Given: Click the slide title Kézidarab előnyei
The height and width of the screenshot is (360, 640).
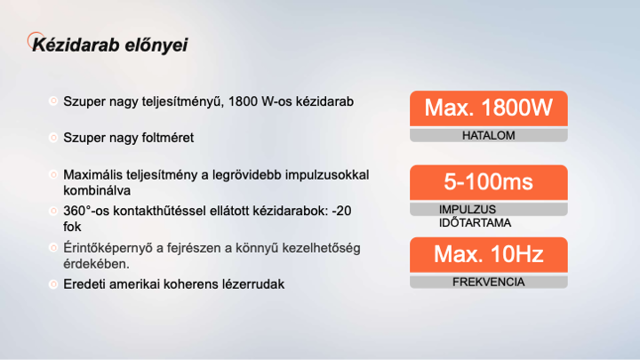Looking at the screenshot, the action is pyautogui.click(x=110, y=45).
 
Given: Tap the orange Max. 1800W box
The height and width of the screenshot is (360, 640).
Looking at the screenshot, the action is pyautogui.click(x=489, y=108).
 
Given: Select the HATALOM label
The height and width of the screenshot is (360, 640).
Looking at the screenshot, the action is pyautogui.click(x=489, y=135).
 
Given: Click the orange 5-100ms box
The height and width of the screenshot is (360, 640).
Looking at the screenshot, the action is pyautogui.click(x=489, y=182).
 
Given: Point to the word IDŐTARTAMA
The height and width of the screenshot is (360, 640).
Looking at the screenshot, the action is pyautogui.click(x=475, y=223).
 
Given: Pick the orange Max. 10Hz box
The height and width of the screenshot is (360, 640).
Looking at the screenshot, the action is pyautogui.click(x=489, y=255).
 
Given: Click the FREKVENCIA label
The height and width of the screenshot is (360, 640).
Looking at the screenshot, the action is pyautogui.click(x=489, y=282).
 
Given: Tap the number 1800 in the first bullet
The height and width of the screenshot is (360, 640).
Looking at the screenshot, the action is pyautogui.click(x=243, y=101).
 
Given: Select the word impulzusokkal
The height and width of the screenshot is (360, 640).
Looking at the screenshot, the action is pyautogui.click(x=327, y=175).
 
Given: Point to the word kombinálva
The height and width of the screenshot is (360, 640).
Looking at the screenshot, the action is pyautogui.click(x=97, y=190).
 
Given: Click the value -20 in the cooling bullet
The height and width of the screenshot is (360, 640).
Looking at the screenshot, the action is pyautogui.click(x=341, y=211).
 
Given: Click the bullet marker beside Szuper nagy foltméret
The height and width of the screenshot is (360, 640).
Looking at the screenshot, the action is pyautogui.click(x=53, y=138).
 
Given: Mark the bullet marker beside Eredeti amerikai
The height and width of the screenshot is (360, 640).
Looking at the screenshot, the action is pyautogui.click(x=53, y=284).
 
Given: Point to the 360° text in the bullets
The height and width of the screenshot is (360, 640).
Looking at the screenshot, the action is pyautogui.click(x=76, y=211).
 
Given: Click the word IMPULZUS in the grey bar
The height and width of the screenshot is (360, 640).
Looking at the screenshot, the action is pyautogui.click(x=468, y=210).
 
